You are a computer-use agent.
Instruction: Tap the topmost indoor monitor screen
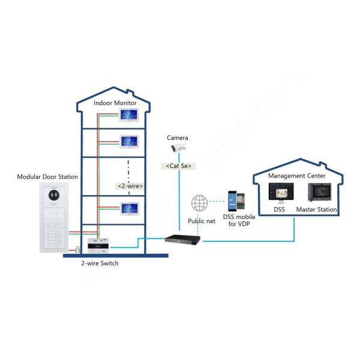(129, 115)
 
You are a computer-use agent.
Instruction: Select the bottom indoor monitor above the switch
(129, 208)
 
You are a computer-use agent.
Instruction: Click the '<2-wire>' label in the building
(129, 186)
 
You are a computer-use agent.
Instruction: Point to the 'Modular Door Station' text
(47, 177)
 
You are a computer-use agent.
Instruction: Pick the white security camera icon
(179, 148)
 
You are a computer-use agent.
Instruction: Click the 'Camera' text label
(177, 137)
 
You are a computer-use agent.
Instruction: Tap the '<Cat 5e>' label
(178, 165)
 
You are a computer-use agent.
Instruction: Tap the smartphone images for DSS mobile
(235, 202)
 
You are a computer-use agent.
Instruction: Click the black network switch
(182, 239)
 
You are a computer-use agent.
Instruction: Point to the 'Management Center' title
(296, 176)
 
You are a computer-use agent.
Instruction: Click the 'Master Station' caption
(316, 209)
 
